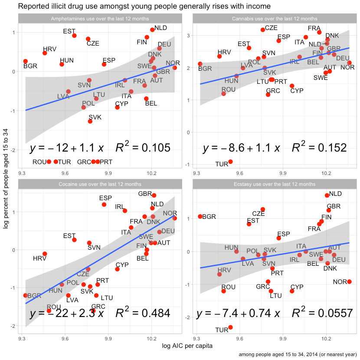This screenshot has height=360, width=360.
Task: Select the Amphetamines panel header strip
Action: click(100, 19)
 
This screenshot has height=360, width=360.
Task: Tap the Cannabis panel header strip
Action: click(274, 19)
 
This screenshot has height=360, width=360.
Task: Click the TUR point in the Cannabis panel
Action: click(230, 162)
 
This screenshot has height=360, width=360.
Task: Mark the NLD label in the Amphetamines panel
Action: click(160, 28)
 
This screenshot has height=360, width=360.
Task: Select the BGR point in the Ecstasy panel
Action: click(200, 216)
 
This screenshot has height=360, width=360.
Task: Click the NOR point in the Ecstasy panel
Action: click(349, 281)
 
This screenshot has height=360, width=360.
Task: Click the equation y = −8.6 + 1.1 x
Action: click(241, 148)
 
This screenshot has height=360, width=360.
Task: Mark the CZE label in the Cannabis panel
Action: click(271, 27)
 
